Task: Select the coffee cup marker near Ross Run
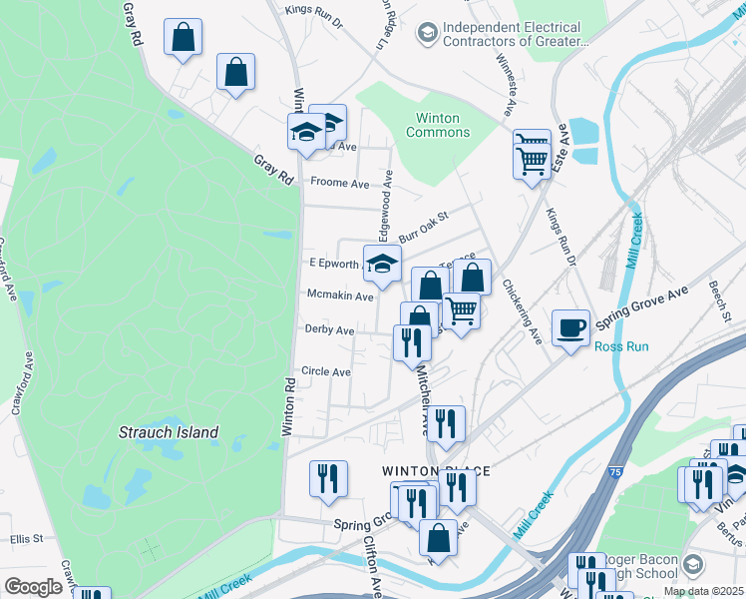(x=570, y=327)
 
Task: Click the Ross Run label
(x=621, y=347)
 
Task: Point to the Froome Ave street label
(x=339, y=184)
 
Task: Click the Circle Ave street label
(x=326, y=372)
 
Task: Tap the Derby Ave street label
(x=329, y=330)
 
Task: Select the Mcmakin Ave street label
(x=339, y=297)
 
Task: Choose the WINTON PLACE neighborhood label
(x=424, y=469)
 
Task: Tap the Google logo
(x=33, y=587)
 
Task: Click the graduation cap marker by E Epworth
(x=381, y=265)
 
